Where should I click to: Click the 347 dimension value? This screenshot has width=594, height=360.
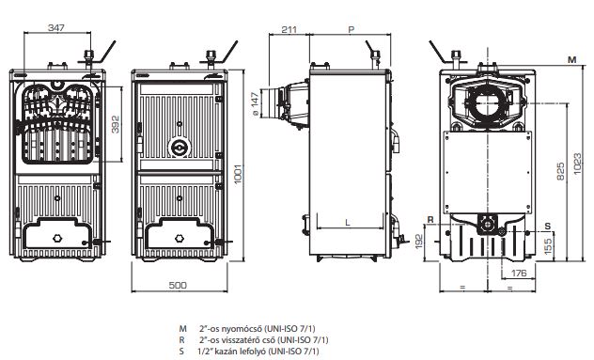pos(56,27)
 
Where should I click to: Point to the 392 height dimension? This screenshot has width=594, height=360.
pos(116,124)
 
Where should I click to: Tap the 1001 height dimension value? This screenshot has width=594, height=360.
pos(238,174)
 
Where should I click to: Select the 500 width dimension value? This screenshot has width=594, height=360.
pos(178,285)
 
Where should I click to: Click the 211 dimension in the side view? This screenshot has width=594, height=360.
pos(289,29)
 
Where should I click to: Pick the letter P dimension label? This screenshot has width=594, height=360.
pos(352,29)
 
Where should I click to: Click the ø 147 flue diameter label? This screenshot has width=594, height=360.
pos(255,103)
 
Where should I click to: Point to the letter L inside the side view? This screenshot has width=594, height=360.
pos(348,223)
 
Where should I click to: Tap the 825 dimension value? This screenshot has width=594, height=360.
pos(561,171)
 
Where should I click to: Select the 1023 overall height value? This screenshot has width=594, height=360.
pos(577,164)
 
